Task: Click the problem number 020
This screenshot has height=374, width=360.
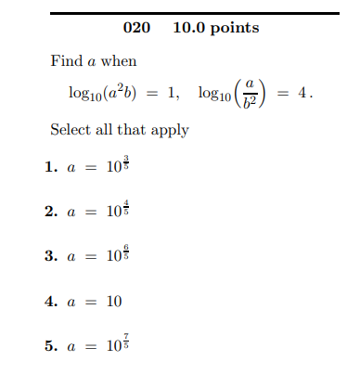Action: click(136, 28)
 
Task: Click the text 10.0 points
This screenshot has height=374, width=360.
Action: click(216, 28)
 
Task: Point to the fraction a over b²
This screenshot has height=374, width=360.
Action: click(250, 94)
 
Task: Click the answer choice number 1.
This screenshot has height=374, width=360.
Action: click(50, 169)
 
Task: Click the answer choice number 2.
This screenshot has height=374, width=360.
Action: click(50, 213)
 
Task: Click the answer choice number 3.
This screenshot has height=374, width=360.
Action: click(50, 257)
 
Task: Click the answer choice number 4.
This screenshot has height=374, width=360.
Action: click(50, 302)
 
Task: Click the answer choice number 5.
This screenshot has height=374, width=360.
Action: click(50, 346)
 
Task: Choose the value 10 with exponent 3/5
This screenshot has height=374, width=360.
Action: click(115, 167)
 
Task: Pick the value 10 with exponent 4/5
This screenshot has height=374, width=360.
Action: click(115, 211)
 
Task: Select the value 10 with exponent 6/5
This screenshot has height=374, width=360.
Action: click(115, 255)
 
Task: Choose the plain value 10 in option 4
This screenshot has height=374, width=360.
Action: click(112, 302)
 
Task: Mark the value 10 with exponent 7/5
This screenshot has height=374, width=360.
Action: click(115, 344)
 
